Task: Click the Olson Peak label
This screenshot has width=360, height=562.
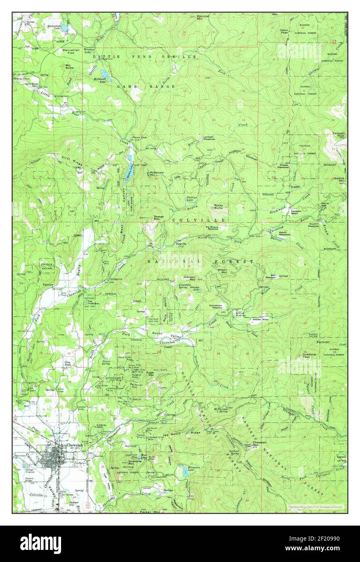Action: click(x=284, y=32)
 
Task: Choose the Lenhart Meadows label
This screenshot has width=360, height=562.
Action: click(x=209, y=137)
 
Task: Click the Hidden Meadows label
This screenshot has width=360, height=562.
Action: click(x=284, y=166)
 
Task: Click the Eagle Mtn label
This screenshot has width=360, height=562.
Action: click(x=150, y=373)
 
